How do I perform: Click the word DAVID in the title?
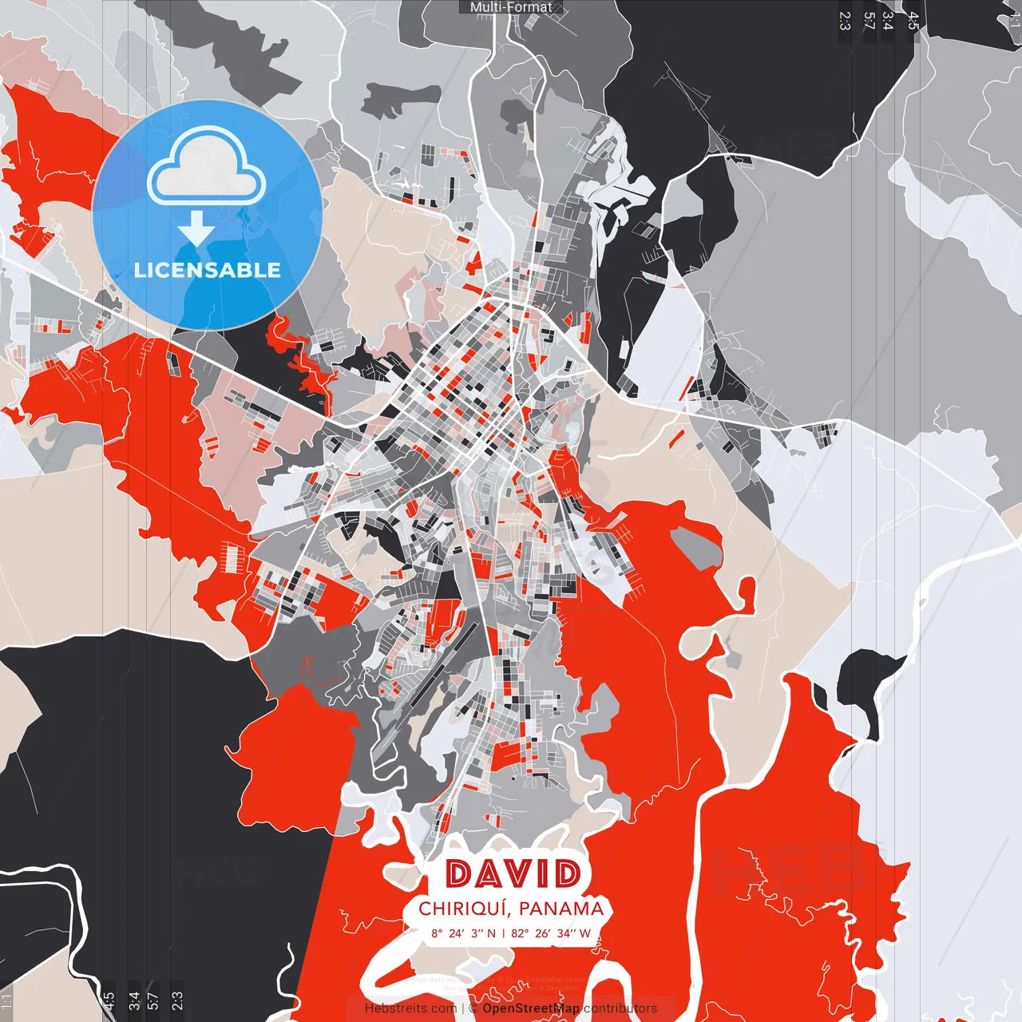click(512, 873)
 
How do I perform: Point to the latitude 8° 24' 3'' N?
click(463, 933)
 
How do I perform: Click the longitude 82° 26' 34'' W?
click(551, 933)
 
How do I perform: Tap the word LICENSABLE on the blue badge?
click(208, 270)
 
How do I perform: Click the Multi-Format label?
click(511, 7)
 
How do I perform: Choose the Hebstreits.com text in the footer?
click(410, 1008)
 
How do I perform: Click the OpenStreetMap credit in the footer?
click(531, 1008)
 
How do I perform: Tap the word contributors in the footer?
click(620, 1008)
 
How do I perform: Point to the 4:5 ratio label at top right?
click(913, 21)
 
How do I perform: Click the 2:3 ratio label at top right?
click(845, 21)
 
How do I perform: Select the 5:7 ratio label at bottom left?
click(153, 1000)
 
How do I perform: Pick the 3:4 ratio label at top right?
click(888, 21)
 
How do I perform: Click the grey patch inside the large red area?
click(696, 546)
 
